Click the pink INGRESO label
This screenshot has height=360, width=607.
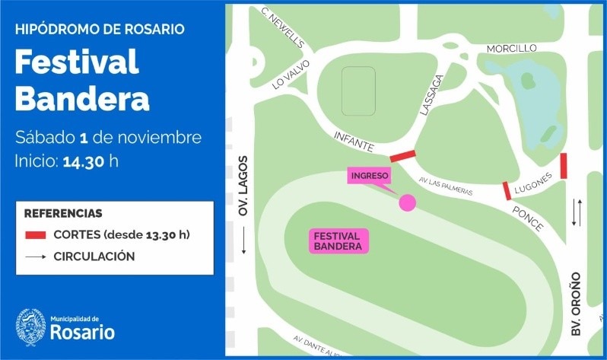370,176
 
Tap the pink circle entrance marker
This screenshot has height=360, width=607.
408,202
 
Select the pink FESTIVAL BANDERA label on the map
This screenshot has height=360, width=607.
338,241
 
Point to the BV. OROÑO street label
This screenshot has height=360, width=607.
576,304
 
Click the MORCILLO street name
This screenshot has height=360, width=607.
512,49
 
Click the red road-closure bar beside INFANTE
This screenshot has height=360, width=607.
403,156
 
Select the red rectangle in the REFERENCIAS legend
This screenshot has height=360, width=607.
36,234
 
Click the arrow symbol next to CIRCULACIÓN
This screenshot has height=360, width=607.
36,256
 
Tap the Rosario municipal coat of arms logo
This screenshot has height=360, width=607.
31,327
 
